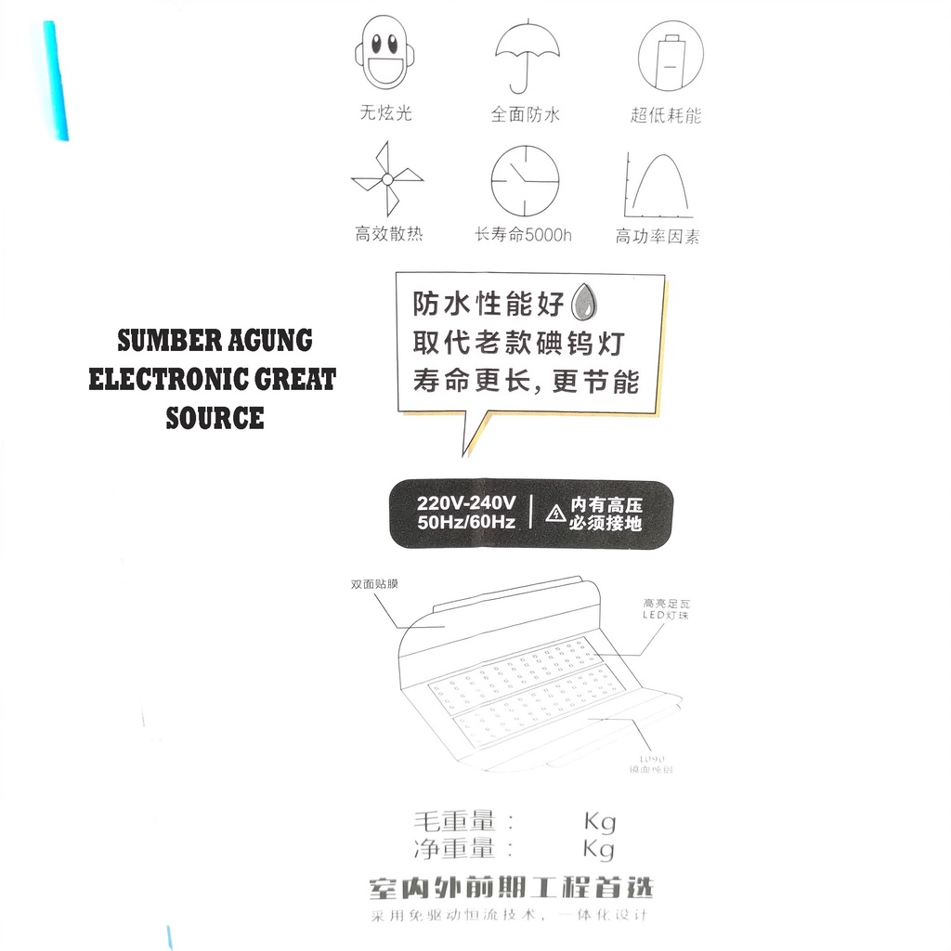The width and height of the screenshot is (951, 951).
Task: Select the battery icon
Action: pos(670,55)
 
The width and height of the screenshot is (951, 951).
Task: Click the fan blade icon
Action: pos(386,180)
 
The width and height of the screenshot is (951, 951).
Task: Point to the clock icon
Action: pos(526,180)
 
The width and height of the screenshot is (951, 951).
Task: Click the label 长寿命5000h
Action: pos(524,235)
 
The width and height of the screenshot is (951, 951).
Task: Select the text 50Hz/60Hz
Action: pos(466,522)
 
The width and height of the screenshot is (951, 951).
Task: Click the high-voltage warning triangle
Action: pos(555,514)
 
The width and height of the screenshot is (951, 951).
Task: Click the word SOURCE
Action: pos(215,419)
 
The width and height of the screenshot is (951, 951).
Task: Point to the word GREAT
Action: pos(289,380)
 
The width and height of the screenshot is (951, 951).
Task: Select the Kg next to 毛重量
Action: pos(599,821)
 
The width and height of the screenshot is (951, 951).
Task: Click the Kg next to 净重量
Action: pos(599,849)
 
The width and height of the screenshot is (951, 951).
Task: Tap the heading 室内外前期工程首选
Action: pos(511,888)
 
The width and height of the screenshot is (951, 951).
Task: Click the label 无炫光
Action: pos(385,114)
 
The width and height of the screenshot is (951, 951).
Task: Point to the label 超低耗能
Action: pos(666,116)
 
